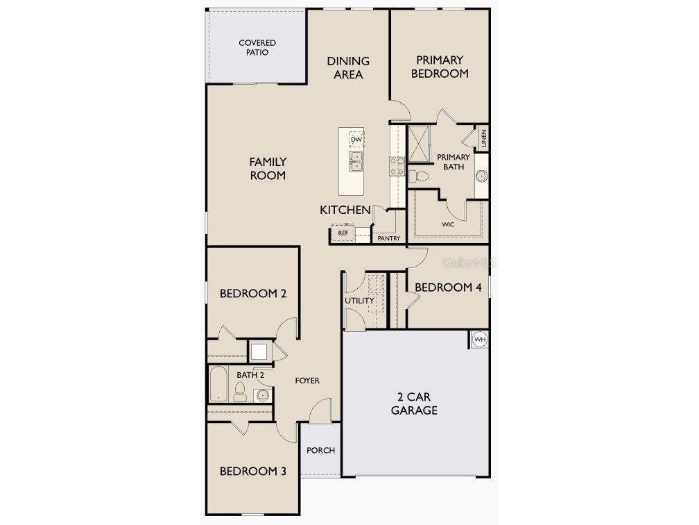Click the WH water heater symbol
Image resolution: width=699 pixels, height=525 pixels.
[x=480, y=339]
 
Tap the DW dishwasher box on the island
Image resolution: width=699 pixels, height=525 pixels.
[x=356, y=140]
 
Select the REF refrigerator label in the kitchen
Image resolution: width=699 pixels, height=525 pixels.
[x=343, y=233]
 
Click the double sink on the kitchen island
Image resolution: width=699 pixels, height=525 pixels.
[x=356, y=162]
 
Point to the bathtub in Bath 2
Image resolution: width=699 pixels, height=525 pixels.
[x=218, y=384]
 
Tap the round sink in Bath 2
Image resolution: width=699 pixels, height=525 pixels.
[x=262, y=395]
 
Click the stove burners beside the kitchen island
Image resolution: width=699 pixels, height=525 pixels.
[x=397, y=167]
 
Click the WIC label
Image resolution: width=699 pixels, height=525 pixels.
[x=449, y=225]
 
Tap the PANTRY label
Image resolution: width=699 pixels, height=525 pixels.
[x=389, y=238]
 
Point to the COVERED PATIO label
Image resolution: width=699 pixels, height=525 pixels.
[x=257, y=47]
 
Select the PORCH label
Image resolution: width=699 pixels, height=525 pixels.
[x=320, y=450]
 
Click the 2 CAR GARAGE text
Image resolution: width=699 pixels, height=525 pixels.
[x=414, y=403]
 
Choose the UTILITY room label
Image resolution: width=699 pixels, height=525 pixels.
[x=359, y=301]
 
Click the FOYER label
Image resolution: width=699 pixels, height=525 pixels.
[x=307, y=381]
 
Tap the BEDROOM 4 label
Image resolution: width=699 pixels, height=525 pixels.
[x=448, y=287]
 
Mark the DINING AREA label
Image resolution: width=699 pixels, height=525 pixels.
[x=348, y=67]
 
